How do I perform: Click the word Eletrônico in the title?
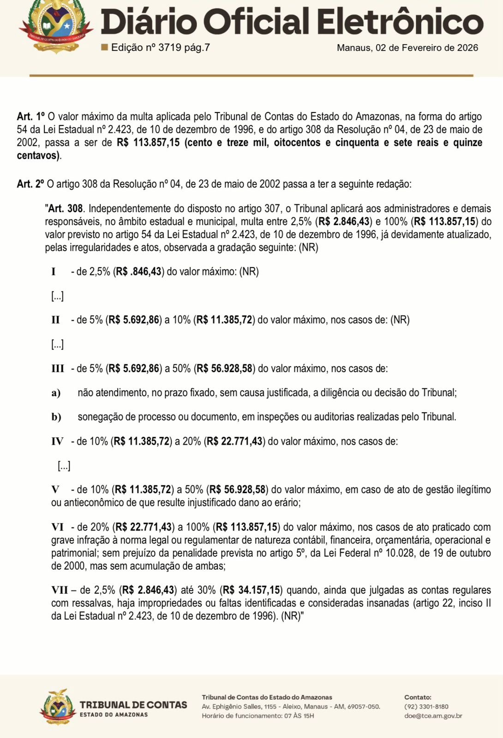coord(400,22)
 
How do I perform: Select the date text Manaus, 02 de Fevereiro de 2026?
coord(407,48)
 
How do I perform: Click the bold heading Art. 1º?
coord(31,116)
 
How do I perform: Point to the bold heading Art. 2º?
coord(31,184)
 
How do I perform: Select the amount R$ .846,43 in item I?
coord(138,271)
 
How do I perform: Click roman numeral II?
coord(55,320)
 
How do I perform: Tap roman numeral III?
coord(58,369)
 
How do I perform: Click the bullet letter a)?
coord(56,393)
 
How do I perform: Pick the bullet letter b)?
coord(56,417)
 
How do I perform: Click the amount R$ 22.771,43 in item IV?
coord(235,441)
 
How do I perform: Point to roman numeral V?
coord(55,489)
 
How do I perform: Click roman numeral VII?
coord(60,590)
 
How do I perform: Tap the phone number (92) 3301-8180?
coord(426,707)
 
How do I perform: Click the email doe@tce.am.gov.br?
coord(433,716)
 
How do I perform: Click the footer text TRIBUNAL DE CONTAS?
coord(133,705)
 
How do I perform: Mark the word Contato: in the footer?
coord(418,697)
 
